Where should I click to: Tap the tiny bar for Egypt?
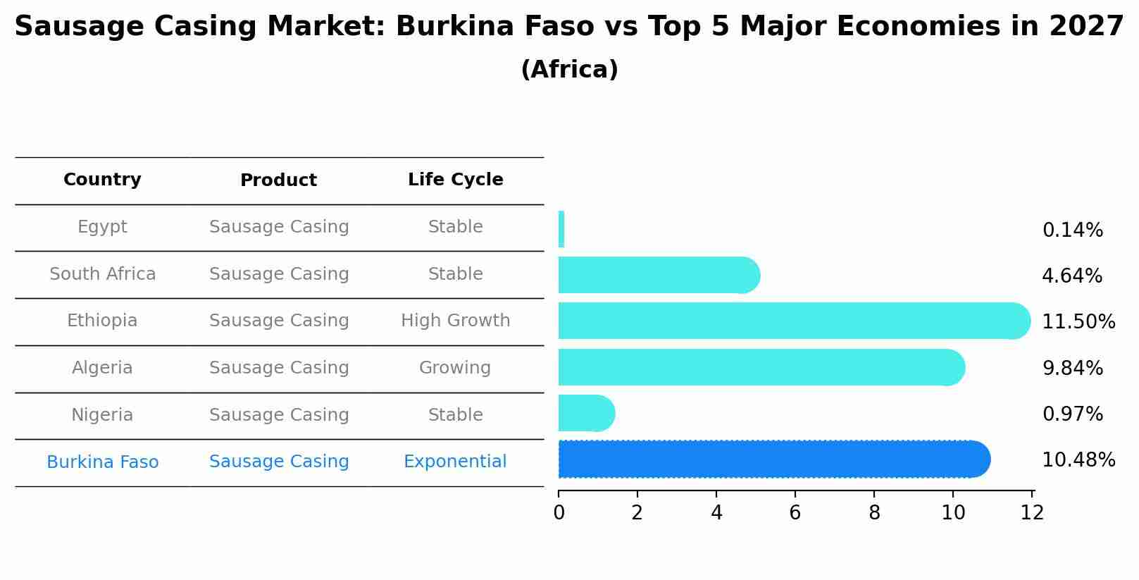(x=561, y=229)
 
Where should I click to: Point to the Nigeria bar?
(x=585, y=413)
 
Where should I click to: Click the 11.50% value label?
(x=1078, y=322)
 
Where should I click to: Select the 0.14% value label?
(x=1072, y=230)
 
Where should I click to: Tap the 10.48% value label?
(x=1078, y=460)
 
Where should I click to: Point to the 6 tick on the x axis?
(x=795, y=513)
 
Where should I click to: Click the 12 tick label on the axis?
(x=1032, y=513)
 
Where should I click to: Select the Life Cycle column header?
(x=455, y=180)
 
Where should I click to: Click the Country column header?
(x=102, y=180)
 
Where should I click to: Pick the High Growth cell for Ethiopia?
(x=455, y=321)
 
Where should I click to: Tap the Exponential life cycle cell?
(x=455, y=462)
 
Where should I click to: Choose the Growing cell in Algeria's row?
(x=455, y=368)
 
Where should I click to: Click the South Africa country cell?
(x=102, y=274)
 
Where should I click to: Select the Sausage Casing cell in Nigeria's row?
(x=279, y=415)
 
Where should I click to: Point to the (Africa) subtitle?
(x=569, y=70)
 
